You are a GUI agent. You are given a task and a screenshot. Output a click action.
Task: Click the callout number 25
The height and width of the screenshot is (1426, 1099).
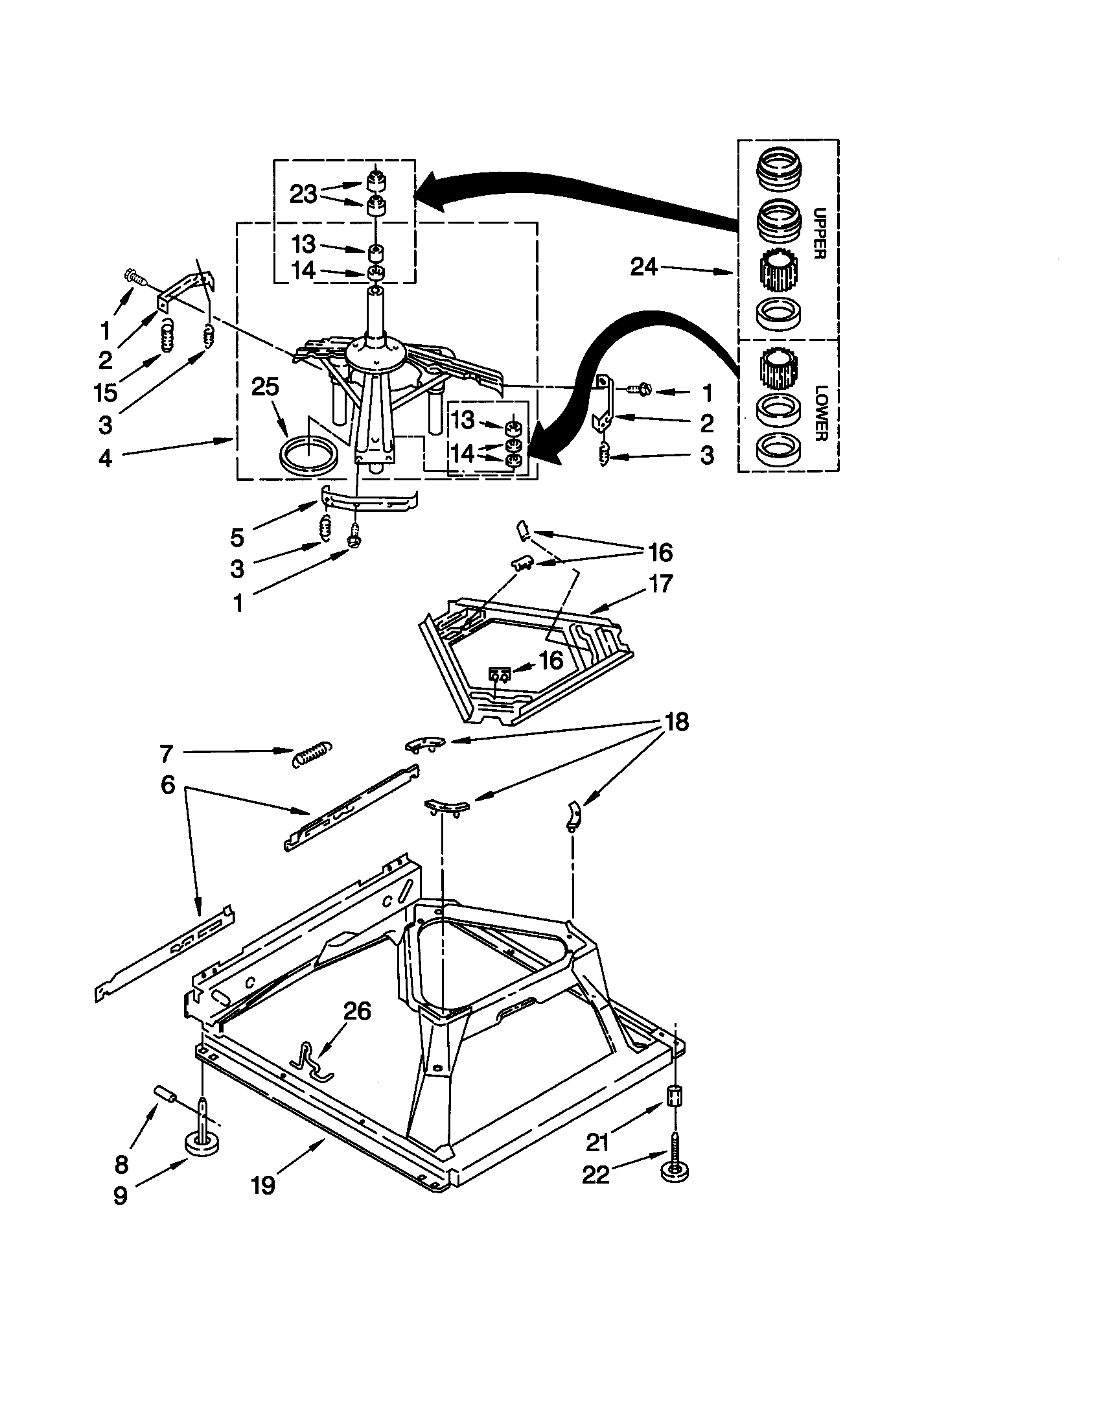point(265,387)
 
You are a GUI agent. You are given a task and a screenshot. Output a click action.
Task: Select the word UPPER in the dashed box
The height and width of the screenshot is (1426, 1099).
point(820,233)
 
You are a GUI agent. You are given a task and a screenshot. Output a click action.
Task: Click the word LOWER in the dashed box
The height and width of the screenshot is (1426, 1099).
point(820,412)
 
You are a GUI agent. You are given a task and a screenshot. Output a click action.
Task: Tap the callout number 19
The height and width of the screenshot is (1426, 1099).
point(263,1185)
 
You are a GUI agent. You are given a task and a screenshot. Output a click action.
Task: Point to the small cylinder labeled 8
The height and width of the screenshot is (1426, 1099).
point(165,1095)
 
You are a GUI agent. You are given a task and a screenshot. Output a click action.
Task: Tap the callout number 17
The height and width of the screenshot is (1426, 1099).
point(660,584)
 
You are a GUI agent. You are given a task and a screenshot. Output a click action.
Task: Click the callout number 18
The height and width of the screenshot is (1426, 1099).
point(676,722)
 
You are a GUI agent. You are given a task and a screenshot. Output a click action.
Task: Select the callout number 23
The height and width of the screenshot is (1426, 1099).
point(303,194)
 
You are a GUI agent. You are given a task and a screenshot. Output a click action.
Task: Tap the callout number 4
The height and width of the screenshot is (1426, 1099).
point(105,458)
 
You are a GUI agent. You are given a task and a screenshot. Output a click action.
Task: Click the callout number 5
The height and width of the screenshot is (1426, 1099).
point(237,538)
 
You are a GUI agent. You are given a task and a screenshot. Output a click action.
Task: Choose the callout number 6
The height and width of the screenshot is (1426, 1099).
point(168,785)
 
